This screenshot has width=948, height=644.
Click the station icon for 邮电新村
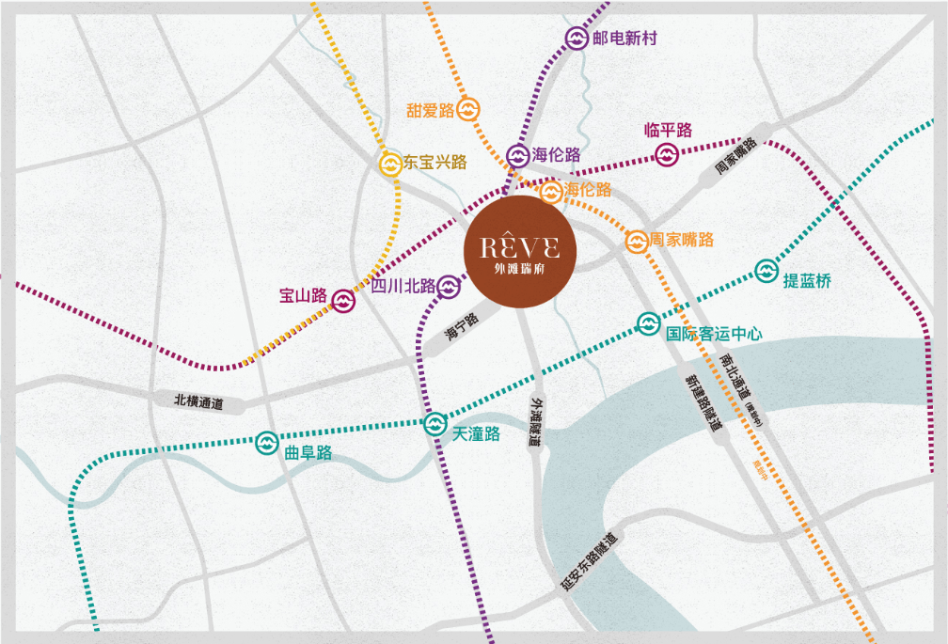[577, 39]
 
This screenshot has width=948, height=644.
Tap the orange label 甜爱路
[430, 110]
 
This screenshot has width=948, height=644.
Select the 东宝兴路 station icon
[390, 163]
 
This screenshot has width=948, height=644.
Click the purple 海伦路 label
[557, 155]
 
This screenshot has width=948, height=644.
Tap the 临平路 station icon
[667, 154]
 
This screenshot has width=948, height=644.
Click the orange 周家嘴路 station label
[683, 240]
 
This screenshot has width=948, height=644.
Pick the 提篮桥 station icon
[766, 272]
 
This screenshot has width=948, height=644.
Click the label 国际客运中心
[714, 333]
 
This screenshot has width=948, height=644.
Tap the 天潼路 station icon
[434, 424]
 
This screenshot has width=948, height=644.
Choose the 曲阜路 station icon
[266, 443]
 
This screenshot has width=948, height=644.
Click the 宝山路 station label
[303, 296]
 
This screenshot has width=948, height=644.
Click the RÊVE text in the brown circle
[519, 247]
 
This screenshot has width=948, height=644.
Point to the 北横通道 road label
[198, 401]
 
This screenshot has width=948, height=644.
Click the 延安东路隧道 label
[591, 560]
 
